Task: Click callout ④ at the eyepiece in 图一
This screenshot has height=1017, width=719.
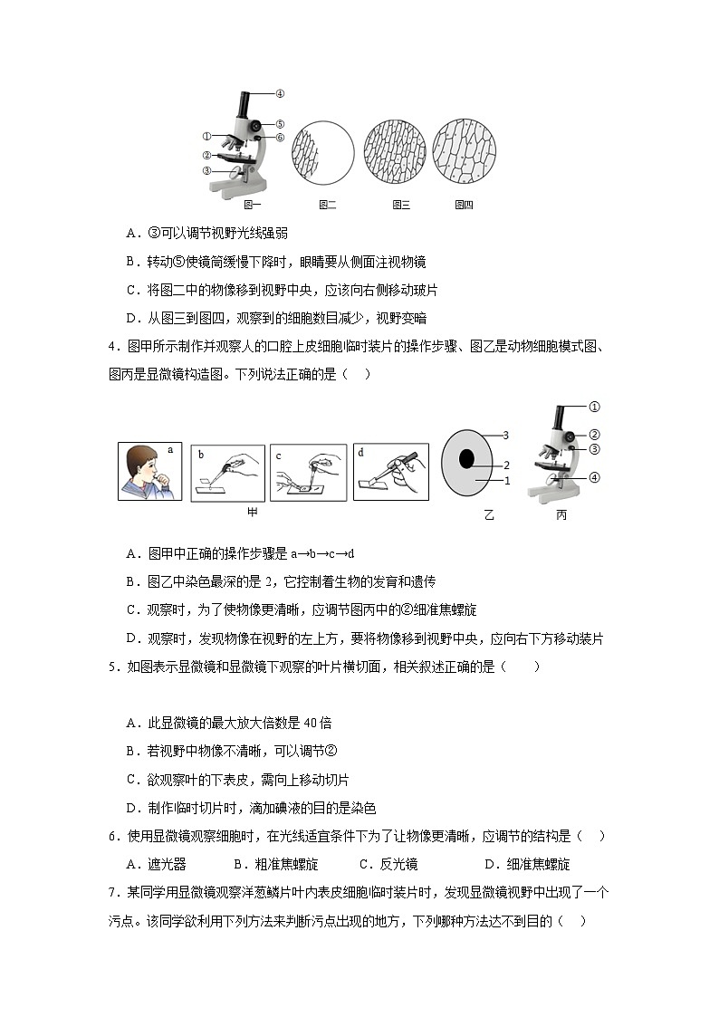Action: [280, 92]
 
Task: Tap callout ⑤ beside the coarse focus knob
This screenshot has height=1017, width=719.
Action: [281, 124]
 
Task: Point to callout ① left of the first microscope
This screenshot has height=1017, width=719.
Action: [206, 137]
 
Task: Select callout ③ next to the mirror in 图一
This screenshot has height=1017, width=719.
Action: [206, 169]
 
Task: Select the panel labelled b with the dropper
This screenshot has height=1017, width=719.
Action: [228, 471]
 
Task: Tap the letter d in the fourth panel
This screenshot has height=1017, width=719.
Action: [360, 451]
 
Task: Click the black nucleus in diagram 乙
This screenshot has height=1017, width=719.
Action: [466, 458]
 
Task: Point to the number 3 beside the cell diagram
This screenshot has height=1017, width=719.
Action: [507, 436]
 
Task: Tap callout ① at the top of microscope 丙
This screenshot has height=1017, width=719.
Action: [595, 407]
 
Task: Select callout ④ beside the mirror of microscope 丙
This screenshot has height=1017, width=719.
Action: [595, 477]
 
